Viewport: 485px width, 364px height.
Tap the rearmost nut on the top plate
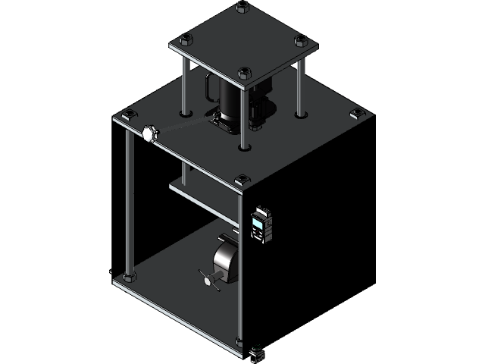[242, 8]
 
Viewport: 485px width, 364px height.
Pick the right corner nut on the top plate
[301, 39]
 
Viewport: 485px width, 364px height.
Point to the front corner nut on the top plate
[244, 74]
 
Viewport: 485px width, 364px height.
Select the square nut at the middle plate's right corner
[356, 115]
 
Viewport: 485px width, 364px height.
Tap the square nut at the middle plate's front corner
[242, 180]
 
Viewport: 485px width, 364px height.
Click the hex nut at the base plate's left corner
[128, 276]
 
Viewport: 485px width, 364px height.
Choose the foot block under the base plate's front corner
[257, 352]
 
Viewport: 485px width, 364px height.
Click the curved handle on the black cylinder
[205, 90]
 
